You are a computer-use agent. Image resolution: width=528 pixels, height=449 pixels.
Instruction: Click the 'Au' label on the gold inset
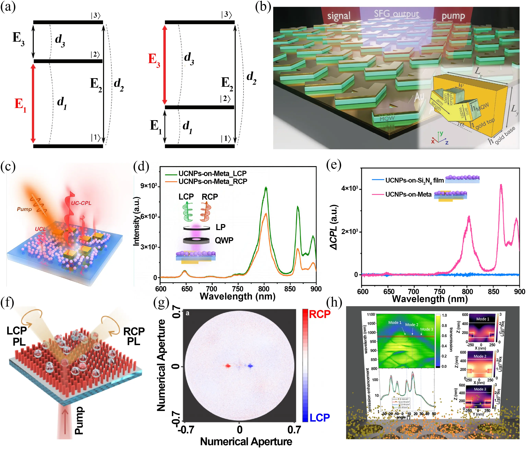pos(420,97)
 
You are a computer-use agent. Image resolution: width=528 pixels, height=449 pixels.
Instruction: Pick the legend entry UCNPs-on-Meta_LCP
pos(212,174)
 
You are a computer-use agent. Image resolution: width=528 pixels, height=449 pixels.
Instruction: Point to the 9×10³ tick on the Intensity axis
pos(149,186)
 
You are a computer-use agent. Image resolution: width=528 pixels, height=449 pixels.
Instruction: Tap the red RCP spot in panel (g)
pos(227,366)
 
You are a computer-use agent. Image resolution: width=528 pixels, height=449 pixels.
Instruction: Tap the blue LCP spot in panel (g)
pos(251,366)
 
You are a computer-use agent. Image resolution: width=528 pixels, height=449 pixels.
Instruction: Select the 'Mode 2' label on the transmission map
pos(411,325)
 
